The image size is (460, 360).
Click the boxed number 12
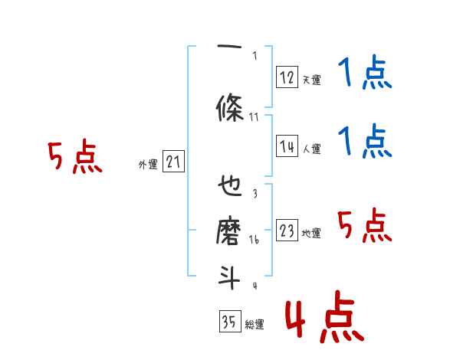tap(287, 77)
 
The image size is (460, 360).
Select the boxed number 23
tap(287, 231)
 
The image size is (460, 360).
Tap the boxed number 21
tap(173, 162)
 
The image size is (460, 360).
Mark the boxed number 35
tap(229, 322)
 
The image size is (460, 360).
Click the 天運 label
tap(311, 79)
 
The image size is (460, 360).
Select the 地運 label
tap(311, 234)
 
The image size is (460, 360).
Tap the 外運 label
tap(148, 164)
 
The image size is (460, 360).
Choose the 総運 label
tap(254, 324)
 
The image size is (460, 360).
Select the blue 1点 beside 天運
tap(364, 74)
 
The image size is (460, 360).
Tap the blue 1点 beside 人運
tap(364, 142)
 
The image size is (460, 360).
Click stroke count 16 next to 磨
tap(255, 239)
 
